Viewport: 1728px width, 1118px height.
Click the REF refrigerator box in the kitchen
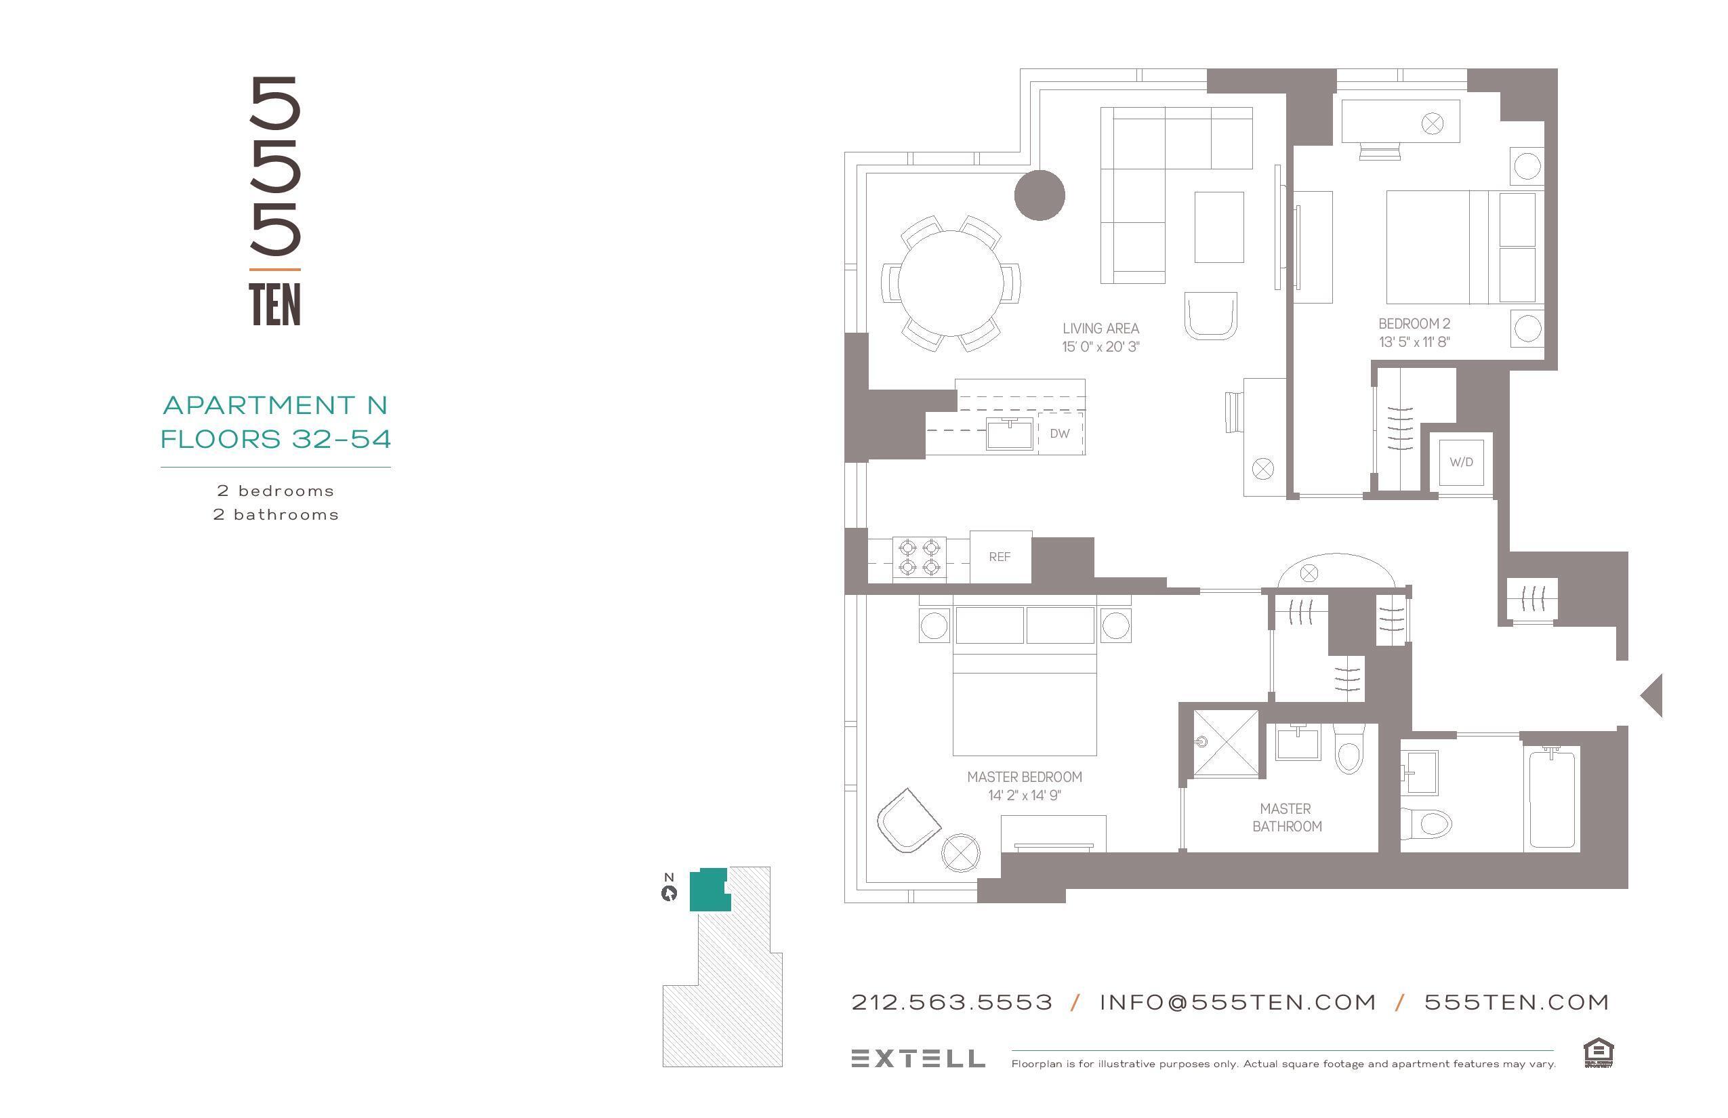(x=1000, y=557)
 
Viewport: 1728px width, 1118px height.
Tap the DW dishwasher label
(x=1059, y=434)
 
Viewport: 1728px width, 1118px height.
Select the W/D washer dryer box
(x=1461, y=462)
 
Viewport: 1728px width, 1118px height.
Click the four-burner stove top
(x=919, y=558)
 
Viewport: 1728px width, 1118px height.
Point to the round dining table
(x=950, y=283)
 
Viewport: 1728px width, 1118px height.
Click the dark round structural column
(x=1039, y=194)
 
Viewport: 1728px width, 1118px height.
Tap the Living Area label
(x=1100, y=328)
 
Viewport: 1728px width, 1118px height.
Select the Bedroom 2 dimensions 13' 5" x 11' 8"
(x=1414, y=342)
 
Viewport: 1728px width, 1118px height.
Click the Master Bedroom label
(x=1024, y=777)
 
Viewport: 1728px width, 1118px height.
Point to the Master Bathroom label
(x=1286, y=817)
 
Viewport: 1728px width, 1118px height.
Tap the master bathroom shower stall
(x=1226, y=743)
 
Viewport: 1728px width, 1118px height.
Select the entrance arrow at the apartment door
(x=1652, y=695)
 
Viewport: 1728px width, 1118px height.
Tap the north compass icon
(x=669, y=894)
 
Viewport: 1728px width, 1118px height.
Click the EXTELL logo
(x=918, y=1058)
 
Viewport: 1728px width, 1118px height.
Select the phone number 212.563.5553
(x=951, y=1003)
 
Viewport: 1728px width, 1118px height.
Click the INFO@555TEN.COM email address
(x=1237, y=1003)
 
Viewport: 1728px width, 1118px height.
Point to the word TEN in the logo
(x=274, y=305)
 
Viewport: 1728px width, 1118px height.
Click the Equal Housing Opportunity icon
(x=1598, y=1053)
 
